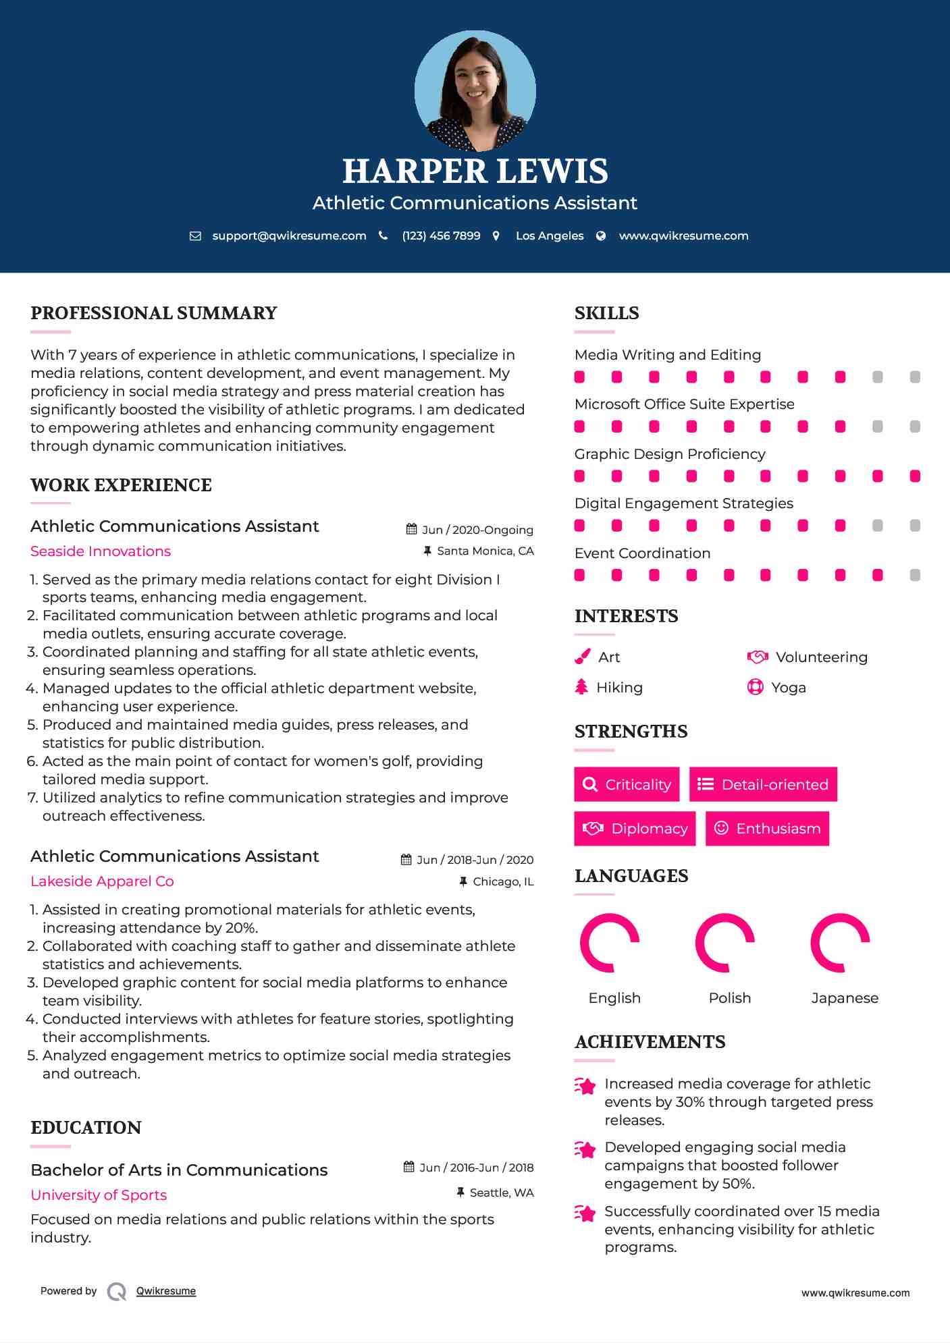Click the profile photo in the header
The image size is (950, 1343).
tap(475, 90)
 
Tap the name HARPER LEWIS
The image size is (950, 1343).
tap(475, 171)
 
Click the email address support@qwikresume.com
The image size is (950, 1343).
tap(289, 236)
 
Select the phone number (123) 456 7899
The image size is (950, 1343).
tap(441, 236)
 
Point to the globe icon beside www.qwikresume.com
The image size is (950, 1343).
tap(601, 236)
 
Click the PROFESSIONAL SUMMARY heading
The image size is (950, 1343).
tap(154, 313)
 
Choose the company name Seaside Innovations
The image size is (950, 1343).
tap(101, 551)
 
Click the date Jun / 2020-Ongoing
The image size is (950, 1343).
tap(477, 530)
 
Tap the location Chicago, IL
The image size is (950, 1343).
tap(503, 881)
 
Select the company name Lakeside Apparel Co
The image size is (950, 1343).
tap(102, 881)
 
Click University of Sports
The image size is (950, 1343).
tap(99, 1195)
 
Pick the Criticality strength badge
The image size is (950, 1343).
tap(627, 784)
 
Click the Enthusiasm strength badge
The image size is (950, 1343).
tap(767, 828)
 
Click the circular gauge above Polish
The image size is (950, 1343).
tap(724, 942)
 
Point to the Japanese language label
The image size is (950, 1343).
tap(845, 998)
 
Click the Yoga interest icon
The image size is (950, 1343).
tap(755, 687)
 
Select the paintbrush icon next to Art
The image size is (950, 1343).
tap(582, 657)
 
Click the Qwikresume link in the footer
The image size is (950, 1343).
tap(166, 1291)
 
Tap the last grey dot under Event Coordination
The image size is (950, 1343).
tap(915, 575)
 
